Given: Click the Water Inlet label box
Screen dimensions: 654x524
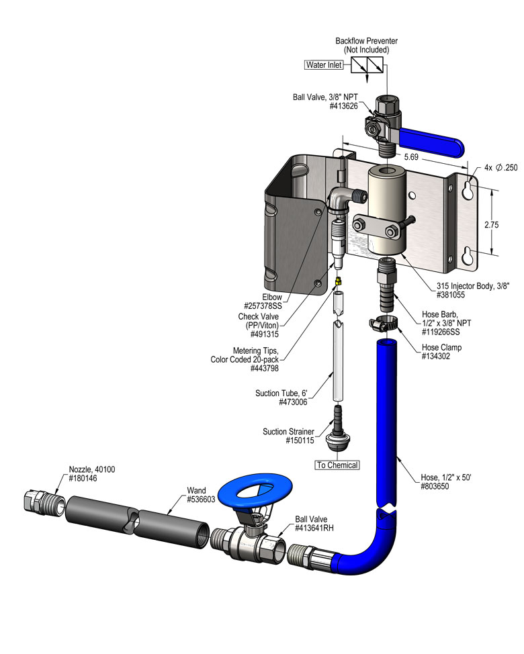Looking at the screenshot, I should [x=324, y=65].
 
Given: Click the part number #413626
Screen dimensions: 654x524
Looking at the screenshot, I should [x=345, y=106].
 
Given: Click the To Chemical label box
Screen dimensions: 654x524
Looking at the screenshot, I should [x=337, y=465].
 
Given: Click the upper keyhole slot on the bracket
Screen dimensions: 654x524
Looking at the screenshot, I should [x=468, y=187].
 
